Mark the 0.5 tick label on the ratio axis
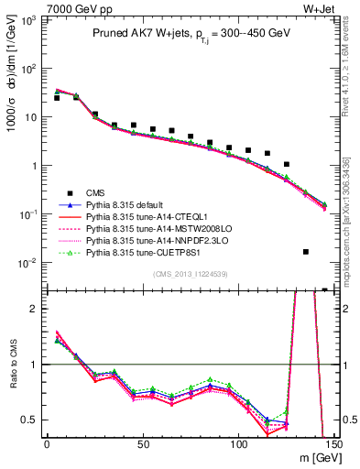tap(31, 420)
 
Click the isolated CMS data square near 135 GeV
tap(305, 251)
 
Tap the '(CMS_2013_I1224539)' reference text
tap(190, 273)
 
